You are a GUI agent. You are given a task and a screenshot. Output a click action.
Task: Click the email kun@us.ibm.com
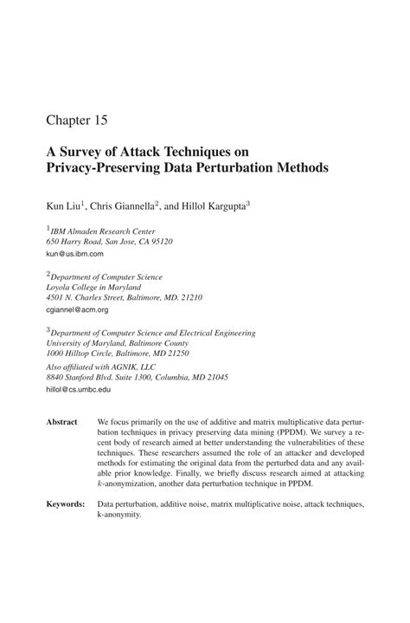point(74,254)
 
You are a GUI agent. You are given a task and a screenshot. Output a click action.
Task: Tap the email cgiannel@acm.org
point(77,309)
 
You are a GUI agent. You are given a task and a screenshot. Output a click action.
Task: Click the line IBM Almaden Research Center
point(102,231)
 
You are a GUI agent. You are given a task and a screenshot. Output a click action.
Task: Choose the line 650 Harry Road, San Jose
point(109,243)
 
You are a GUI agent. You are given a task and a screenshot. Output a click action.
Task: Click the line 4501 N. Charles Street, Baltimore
point(124,298)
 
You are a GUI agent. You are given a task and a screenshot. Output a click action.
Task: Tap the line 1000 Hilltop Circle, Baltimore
point(117,354)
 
